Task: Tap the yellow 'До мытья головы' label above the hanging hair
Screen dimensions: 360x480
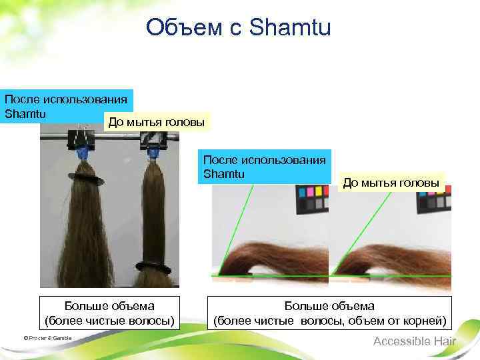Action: click(157, 121)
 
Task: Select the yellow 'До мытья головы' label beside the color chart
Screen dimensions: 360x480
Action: click(392, 183)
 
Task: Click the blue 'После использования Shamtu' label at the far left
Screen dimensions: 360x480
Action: click(67, 106)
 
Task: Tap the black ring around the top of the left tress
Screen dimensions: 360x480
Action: click(85, 179)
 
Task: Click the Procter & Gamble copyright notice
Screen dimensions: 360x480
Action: click(47, 339)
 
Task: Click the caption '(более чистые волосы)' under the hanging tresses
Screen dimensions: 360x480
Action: click(109, 321)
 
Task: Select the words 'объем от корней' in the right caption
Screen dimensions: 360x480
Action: click(403, 321)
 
